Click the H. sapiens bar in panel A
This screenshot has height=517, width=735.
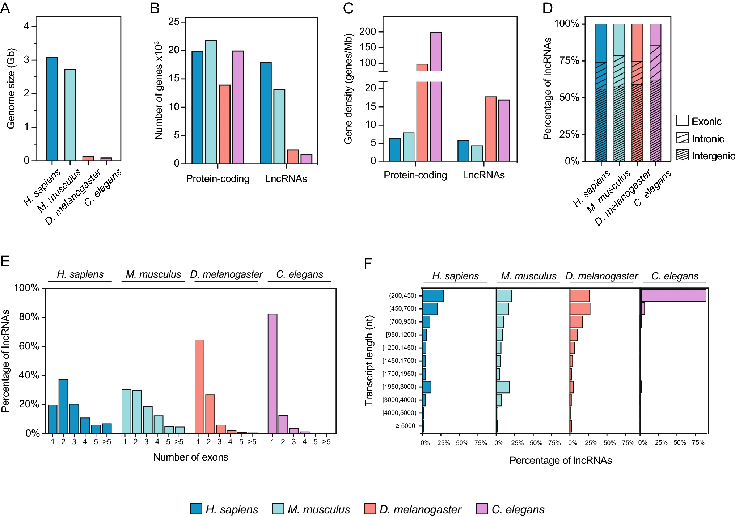coord(52,109)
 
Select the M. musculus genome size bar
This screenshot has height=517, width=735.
coord(70,115)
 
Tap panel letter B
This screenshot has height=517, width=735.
coord(155,8)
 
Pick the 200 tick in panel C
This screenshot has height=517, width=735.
coord(367,32)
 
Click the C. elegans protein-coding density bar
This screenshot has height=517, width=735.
coord(435,109)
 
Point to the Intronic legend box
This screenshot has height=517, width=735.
coord(682,138)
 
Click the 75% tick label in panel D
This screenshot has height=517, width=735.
coord(569,60)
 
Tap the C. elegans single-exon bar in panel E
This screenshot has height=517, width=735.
coord(273,373)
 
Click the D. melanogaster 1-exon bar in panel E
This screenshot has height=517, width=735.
coord(199,386)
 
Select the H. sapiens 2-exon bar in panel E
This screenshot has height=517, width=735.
coord(63,406)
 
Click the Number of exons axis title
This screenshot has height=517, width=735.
coord(190,457)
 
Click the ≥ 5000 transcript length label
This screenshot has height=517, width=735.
coord(405,426)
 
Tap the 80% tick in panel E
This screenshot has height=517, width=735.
coord(29,317)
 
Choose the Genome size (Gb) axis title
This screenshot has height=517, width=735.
coord(11,88)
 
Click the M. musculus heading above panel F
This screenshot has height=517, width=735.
coord(528,276)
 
